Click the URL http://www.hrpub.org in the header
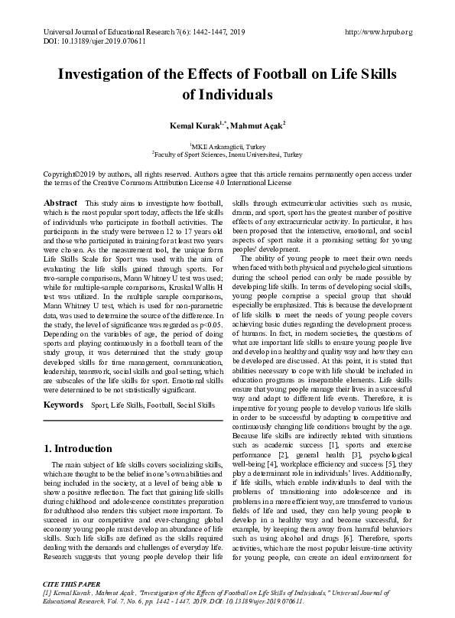(379, 32)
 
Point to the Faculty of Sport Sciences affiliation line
(227, 153)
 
